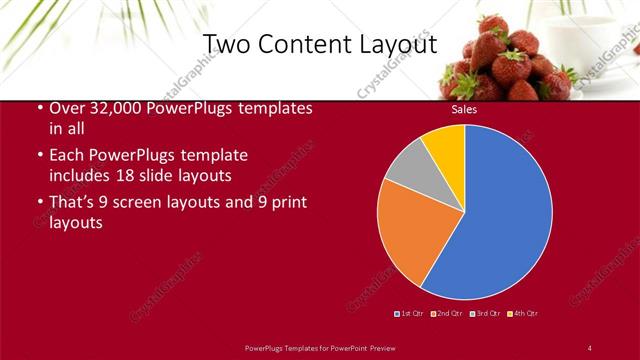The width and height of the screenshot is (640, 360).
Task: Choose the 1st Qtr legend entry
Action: click(x=410, y=314)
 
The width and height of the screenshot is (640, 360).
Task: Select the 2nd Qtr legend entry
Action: click(x=446, y=314)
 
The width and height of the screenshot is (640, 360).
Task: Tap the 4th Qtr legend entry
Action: click(x=523, y=314)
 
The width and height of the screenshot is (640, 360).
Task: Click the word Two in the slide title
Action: click(x=226, y=45)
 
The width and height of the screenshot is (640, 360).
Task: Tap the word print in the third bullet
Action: click(x=284, y=202)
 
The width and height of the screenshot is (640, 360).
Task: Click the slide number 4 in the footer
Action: click(x=590, y=347)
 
